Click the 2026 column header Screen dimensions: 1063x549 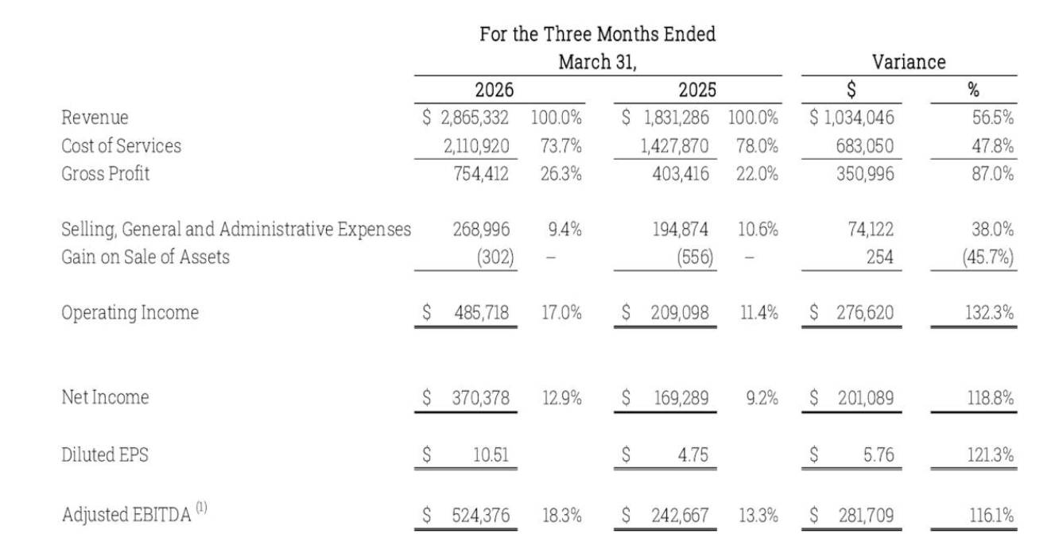pos(494,90)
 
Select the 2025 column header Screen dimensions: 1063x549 pos(697,90)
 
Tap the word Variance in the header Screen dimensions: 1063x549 pos(909,62)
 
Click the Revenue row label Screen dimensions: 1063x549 pos(95,118)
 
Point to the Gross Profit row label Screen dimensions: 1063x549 pos(106,173)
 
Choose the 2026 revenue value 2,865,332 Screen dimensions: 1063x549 pos(475,118)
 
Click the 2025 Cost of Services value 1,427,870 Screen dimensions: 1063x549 pos(674,146)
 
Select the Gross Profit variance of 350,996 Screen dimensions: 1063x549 pos(865,174)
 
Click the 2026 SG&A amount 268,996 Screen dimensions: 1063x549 pos(481,230)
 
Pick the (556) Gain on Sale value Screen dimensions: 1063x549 pos(695,257)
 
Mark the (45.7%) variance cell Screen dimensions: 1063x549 pos(988,257)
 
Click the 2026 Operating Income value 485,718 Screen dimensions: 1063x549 pos(481,312)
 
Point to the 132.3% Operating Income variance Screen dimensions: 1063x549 pos(989,312)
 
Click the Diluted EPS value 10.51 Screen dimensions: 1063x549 pos(491,454)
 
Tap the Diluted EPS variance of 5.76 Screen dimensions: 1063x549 pos(879,454)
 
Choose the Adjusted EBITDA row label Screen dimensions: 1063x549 pos(126,515)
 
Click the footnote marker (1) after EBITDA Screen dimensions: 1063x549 pos(202,507)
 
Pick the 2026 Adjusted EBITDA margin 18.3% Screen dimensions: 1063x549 pos(562,516)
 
